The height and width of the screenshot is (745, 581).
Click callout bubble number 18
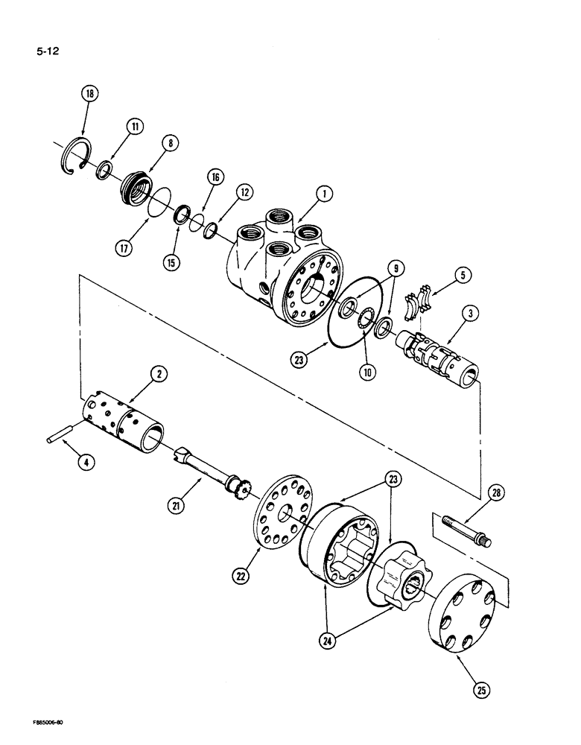pos(91,94)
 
